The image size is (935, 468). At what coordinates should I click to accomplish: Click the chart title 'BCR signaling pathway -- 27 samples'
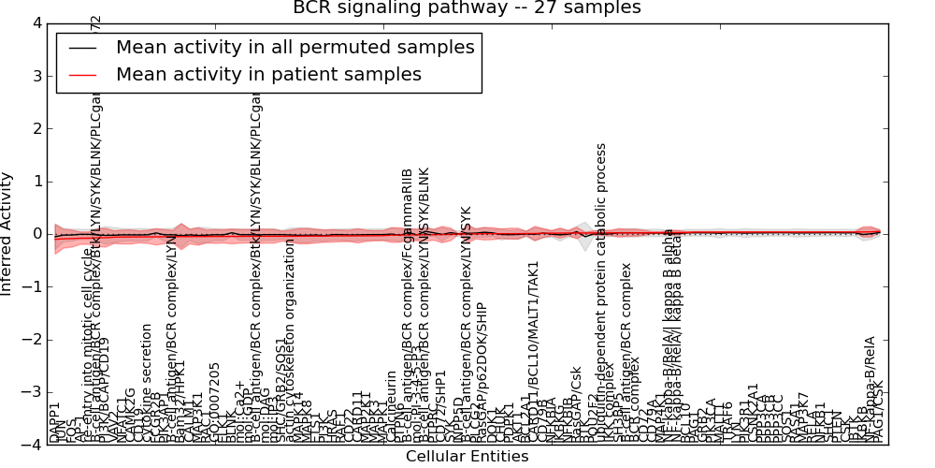[x=467, y=8]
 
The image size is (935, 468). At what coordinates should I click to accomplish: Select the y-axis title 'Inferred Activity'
[x=7, y=233]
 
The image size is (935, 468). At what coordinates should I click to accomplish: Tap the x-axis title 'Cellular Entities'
[x=467, y=457]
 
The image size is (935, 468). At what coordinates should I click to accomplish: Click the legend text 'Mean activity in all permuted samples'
[x=295, y=47]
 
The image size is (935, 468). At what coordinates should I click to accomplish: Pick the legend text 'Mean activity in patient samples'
[x=268, y=74]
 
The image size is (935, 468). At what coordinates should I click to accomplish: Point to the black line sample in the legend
[x=82, y=48]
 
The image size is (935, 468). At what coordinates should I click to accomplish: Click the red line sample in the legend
[x=82, y=75]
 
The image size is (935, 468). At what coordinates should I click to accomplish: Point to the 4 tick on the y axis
[x=36, y=22]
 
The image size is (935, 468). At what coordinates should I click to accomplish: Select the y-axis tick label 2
[x=36, y=128]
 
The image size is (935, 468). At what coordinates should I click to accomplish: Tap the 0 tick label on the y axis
[x=36, y=234]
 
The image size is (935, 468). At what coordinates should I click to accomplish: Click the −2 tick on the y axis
[x=32, y=340]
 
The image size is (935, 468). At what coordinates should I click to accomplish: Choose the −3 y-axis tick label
[x=32, y=392]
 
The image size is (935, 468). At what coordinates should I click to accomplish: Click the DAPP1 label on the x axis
[x=54, y=422]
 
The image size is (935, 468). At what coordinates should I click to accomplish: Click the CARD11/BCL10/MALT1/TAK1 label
[x=534, y=352]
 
